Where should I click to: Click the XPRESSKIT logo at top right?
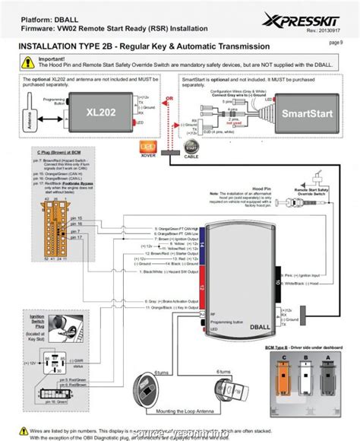pos(312,17)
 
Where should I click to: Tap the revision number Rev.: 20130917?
pos(322,31)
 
